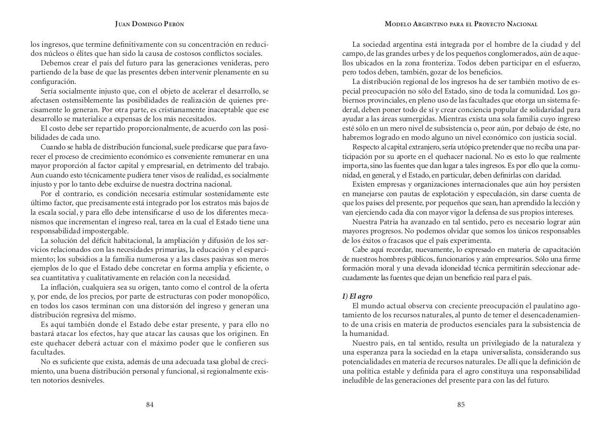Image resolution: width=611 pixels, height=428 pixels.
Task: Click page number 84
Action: [150, 405]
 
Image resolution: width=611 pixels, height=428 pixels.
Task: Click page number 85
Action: [461, 405]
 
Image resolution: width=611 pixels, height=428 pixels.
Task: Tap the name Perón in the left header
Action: [173, 24]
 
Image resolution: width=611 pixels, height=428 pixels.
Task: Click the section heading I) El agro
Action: [357, 296]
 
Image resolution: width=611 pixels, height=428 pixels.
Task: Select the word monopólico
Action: [249, 296]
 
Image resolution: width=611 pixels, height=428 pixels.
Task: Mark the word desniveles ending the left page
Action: [88, 380]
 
